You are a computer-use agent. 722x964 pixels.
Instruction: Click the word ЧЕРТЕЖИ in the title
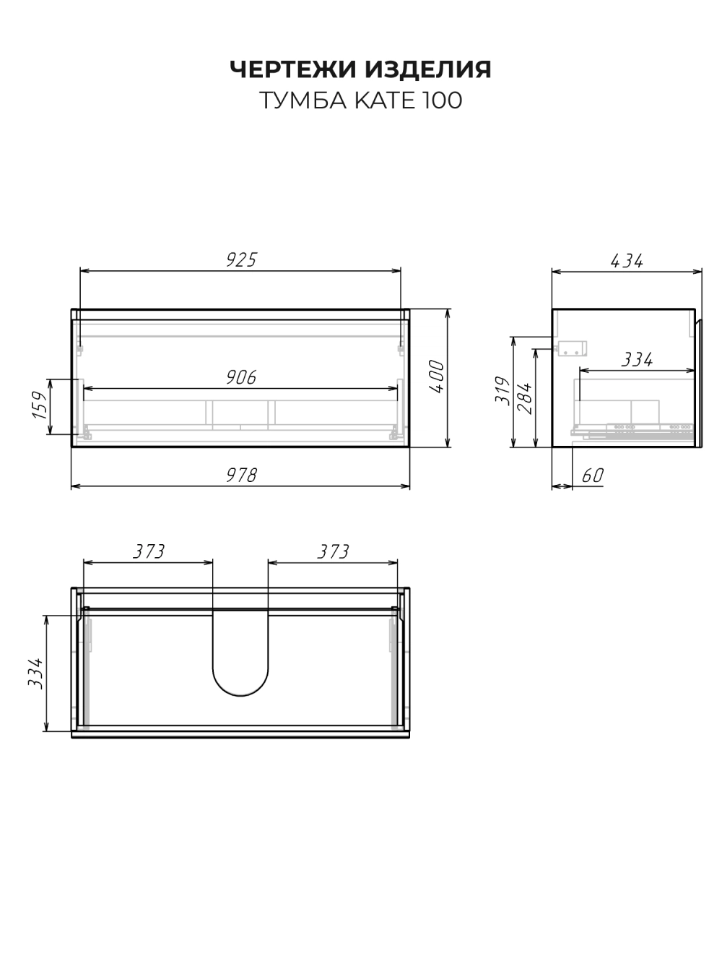293,69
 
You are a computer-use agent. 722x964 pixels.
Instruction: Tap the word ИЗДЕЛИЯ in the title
428,69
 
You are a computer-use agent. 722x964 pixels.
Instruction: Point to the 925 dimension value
241,259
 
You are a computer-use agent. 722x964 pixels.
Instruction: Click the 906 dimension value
241,377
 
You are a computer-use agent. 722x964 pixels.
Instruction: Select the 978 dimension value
242,475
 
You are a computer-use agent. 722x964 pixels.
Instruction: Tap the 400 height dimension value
437,376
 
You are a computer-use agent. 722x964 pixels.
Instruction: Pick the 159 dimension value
40,405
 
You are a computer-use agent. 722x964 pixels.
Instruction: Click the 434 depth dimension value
627,261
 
